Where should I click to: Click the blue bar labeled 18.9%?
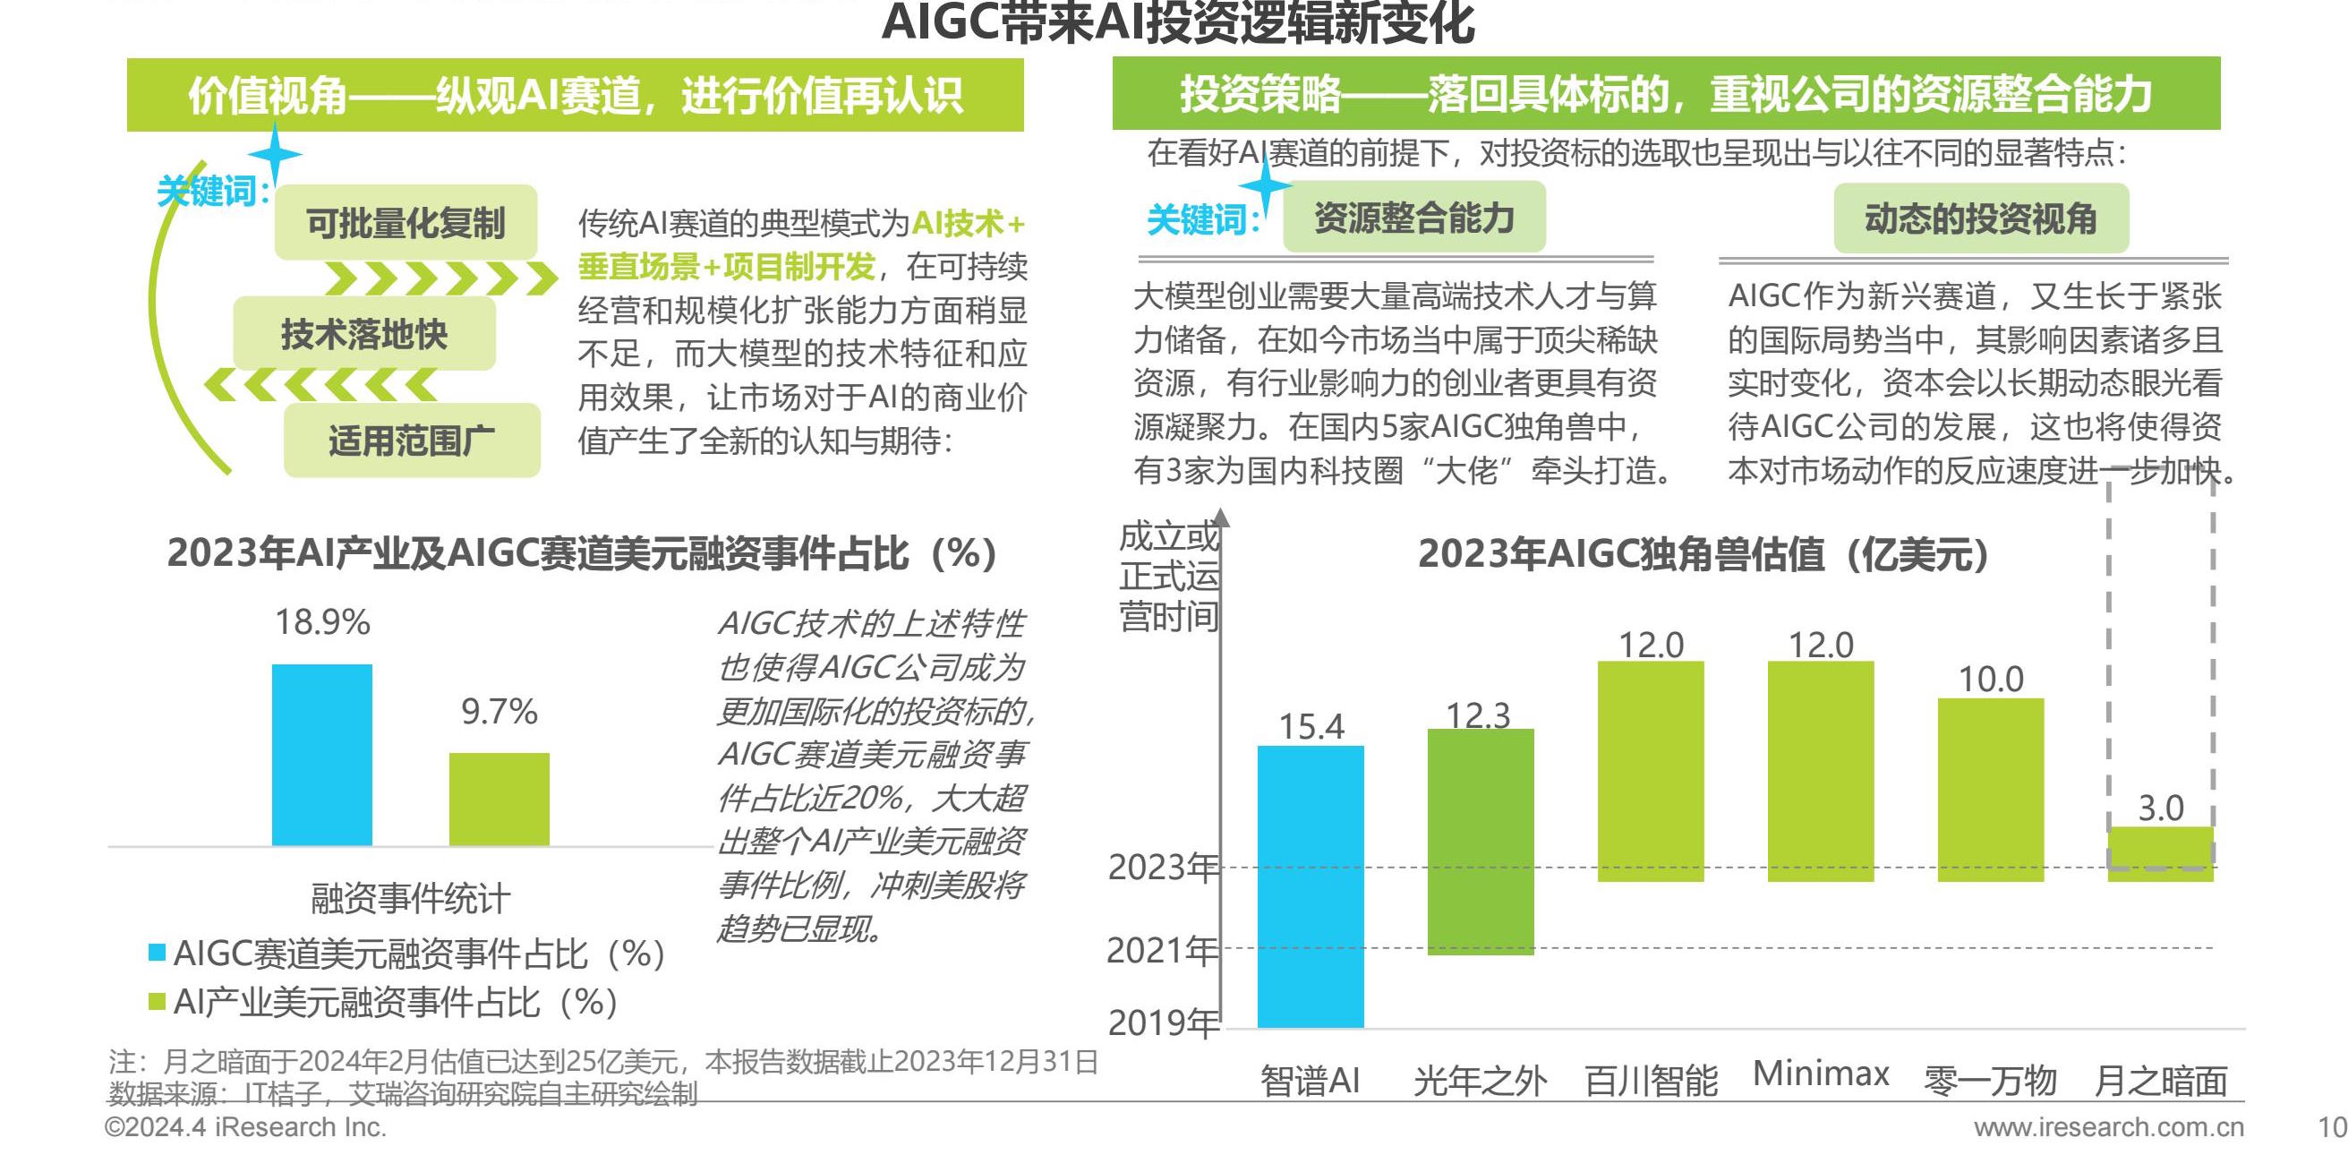(x=321, y=755)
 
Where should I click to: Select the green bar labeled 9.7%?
(x=499, y=800)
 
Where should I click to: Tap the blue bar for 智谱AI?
(x=1310, y=885)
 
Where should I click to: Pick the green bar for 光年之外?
(x=1481, y=842)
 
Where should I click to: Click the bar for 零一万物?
(x=1991, y=789)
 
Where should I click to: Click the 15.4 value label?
(x=1311, y=726)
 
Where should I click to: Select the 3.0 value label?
(x=2160, y=808)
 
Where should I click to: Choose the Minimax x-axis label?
(x=1820, y=1074)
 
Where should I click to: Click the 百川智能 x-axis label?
(x=1651, y=1081)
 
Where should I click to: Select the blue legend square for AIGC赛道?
(x=157, y=953)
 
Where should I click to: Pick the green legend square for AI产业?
(x=157, y=1002)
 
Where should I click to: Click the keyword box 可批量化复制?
(x=406, y=222)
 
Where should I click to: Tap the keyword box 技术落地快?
(x=363, y=335)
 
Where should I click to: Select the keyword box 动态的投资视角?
(x=1980, y=218)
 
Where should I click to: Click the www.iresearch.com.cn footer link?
(x=2108, y=1127)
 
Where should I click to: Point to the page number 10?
(x=2332, y=1127)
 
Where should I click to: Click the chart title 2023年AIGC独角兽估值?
(x=1703, y=554)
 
